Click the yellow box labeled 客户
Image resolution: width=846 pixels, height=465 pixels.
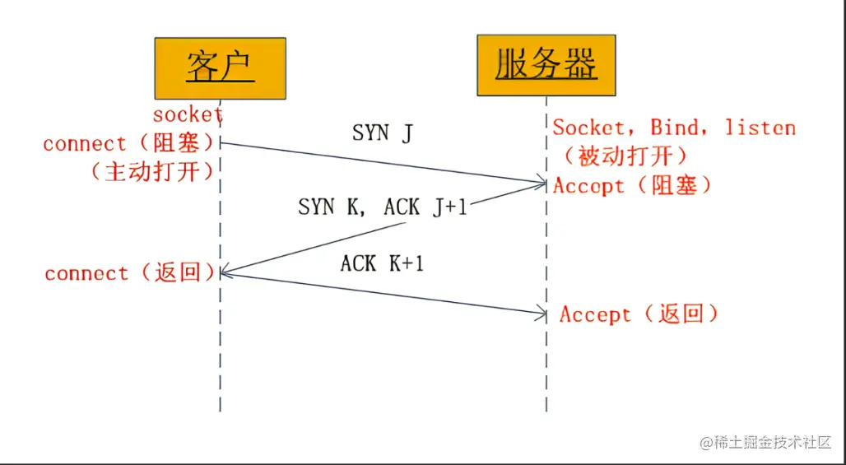coord(220,68)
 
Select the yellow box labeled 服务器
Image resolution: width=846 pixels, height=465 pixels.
coord(546,65)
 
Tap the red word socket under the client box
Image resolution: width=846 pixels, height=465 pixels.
coord(188,114)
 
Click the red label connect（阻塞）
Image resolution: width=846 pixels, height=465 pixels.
coord(129,143)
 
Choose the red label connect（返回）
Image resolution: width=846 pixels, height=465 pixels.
coord(131,273)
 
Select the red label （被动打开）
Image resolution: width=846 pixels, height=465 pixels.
coord(625,156)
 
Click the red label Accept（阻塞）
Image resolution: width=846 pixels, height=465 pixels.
coord(632,185)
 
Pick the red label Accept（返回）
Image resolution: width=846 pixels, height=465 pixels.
coord(639,314)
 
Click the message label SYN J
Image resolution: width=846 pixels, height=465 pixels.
coord(383,133)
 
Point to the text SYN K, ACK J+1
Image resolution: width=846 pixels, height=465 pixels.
coord(382,207)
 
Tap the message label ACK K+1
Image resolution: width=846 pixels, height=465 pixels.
coord(382,263)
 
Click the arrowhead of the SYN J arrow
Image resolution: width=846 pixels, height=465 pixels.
coord(542,182)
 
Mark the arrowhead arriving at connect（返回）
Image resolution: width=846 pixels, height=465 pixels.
coord(225,273)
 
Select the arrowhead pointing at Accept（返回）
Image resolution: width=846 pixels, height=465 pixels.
coord(542,313)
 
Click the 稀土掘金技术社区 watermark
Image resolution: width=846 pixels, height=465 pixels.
coord(766,443)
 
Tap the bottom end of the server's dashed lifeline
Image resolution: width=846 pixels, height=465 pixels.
coord(546,409)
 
